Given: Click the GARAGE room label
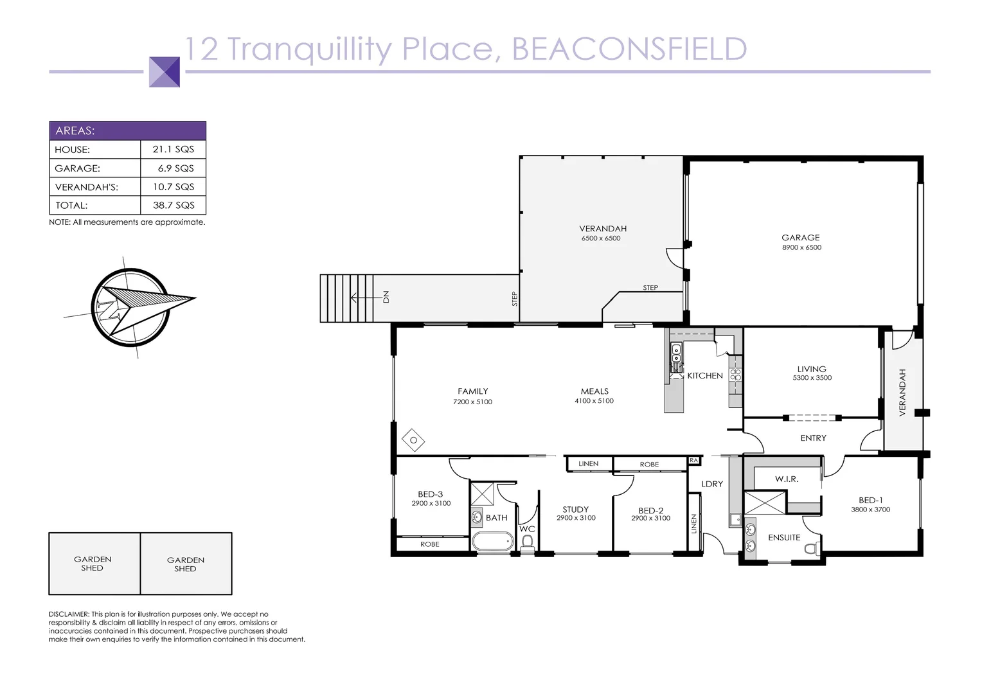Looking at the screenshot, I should [800, 237].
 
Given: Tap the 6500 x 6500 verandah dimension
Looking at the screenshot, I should [601, 238].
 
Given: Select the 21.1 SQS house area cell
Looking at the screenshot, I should [173, 149].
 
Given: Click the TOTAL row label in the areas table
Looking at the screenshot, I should [71, 206].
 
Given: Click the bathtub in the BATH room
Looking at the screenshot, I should [493, 541].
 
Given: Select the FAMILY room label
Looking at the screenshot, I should [472, 391].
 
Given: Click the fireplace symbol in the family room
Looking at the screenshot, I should [413, 440].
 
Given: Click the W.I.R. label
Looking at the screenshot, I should [787, 479].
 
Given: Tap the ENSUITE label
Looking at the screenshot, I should [784, 537].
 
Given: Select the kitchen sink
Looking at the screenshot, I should [676, 353].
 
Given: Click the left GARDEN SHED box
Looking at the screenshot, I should [93, 564].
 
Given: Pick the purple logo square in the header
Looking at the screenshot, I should [165, 71].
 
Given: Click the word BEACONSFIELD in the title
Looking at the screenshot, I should [629, 49].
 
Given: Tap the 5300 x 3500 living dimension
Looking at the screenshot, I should [812, 378].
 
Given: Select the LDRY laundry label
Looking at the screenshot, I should [712, 484].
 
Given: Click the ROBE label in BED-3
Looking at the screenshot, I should [429, 544].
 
